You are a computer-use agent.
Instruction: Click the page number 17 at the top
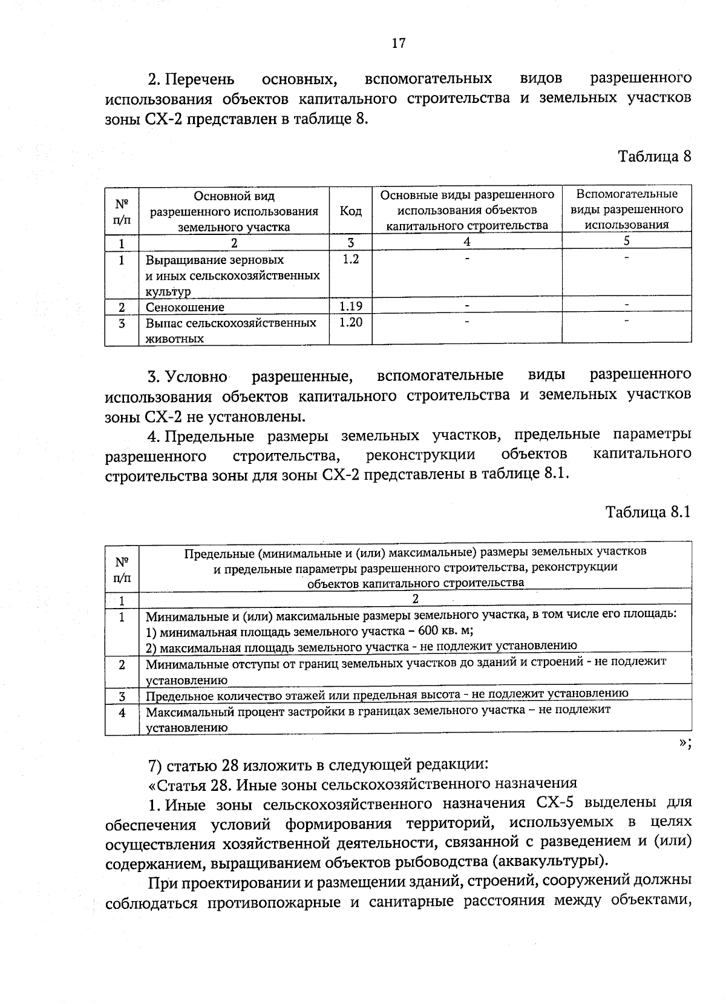click(x=398, y=43)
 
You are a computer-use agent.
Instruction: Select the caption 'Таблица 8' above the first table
click(x=653, y=156)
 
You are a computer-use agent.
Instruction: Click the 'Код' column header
click(x=350, y=211)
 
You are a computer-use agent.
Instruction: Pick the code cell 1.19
click(x=350, y=306)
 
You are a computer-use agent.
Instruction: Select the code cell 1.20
click(x=350, y=322)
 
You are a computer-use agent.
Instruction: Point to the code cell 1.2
click(x=350, y=259)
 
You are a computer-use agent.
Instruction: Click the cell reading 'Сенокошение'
click(x=185, y=307)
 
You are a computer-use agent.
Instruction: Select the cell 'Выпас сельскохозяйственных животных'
click(x=230, y=331)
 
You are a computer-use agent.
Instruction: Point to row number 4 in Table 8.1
click(x=122, y=713)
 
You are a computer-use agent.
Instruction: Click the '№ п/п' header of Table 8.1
click(x=122, y=569)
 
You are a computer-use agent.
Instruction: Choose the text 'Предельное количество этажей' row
click(x=387, y=694)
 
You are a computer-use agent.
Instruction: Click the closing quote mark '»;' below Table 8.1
click(x=684, y=743)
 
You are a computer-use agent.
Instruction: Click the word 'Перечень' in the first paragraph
click(x=200, y=79)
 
